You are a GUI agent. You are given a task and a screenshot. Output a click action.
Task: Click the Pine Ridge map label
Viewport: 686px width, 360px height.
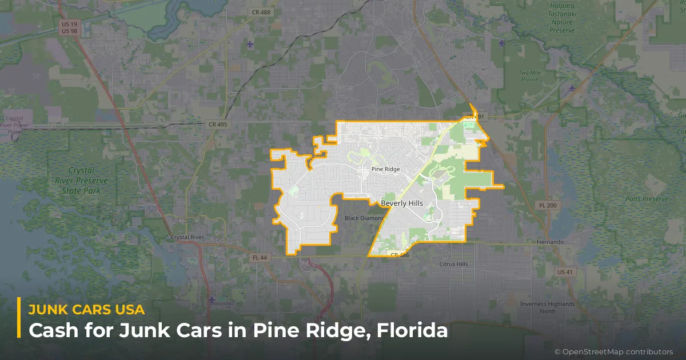click(386, 169)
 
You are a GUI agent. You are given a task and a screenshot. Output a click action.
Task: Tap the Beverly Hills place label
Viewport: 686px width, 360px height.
click(402, 203)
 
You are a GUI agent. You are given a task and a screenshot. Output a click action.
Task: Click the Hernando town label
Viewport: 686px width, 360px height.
click(550, 242)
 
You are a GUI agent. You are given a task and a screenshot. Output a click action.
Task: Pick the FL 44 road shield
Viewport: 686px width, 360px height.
click(260, 258)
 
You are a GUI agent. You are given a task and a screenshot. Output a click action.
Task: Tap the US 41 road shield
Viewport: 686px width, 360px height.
click(565, 271)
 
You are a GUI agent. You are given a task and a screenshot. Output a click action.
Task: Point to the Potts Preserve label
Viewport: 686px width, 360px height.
click(647, 199)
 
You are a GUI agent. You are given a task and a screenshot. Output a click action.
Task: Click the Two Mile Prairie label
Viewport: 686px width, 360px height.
click(529, 77)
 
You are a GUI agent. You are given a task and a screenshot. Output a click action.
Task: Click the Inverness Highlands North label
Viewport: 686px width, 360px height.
click(548, 307)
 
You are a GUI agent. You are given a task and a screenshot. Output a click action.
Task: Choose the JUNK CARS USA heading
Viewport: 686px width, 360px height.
click(86, 309)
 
